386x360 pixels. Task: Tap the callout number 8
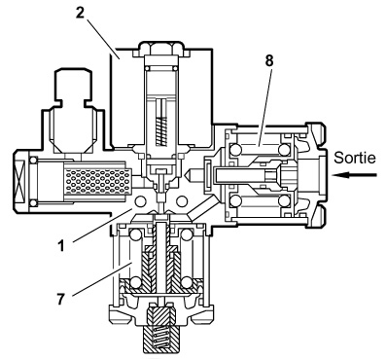[269, 60]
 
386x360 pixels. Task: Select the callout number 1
[61, 246]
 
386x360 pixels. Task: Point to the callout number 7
[61, 299]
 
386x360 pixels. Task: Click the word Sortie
[355, 158]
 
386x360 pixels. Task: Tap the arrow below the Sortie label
[355, 175]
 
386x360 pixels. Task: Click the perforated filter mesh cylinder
[98, 181]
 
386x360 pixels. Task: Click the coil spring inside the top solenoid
[161, 130]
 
